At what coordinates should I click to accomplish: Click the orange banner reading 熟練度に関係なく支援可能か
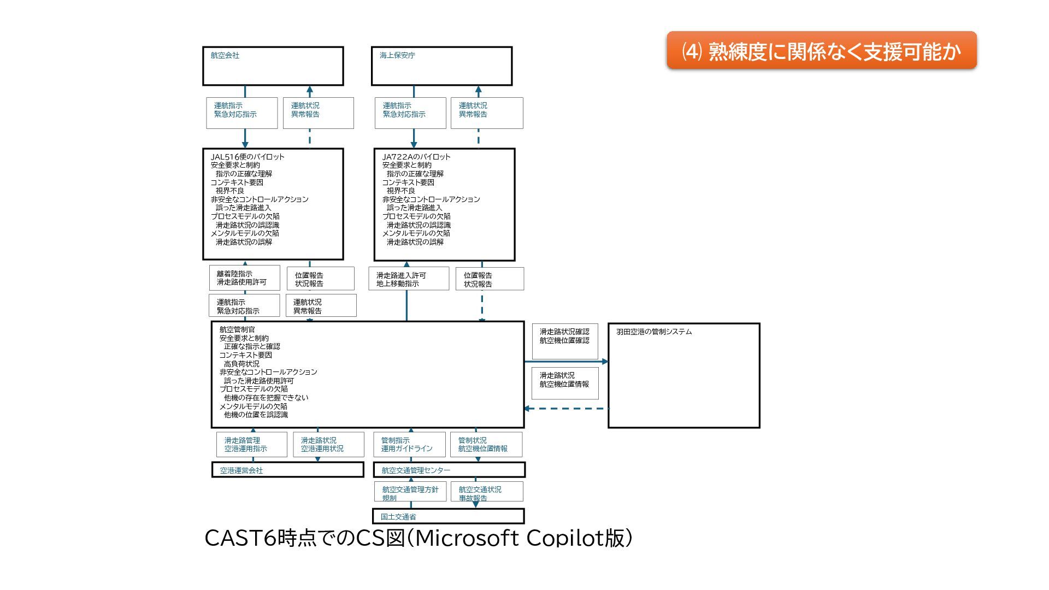coord(821,51)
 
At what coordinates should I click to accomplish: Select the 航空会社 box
coord(273,66)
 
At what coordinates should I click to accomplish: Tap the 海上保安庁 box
coord(441,66)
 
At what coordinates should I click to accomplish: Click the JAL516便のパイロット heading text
coord(247,157)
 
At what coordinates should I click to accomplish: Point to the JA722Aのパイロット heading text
coord(416,157)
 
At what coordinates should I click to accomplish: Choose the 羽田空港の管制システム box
coord(683,375)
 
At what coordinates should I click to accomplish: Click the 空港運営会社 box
coord(287,470)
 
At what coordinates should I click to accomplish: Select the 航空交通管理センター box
coord(449,470)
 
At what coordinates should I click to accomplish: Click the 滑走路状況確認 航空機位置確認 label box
coord(565,341)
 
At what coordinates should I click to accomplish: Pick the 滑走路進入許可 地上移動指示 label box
coord(409,279)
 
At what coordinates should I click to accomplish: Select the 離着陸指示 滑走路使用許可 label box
coord(244,278)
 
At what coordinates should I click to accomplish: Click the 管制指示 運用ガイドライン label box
coord(410,445)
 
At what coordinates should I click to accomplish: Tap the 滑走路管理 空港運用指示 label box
coord(251,445)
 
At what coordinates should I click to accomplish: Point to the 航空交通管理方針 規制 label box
coord(410,491)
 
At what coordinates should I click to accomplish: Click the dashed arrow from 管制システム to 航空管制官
coord(566,409)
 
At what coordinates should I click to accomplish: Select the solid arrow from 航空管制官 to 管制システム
coord(566,362)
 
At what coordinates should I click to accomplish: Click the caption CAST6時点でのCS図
coord(419,538)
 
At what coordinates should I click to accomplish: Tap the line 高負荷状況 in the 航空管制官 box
coord(241,364)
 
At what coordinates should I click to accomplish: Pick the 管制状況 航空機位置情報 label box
coord(486,445)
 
